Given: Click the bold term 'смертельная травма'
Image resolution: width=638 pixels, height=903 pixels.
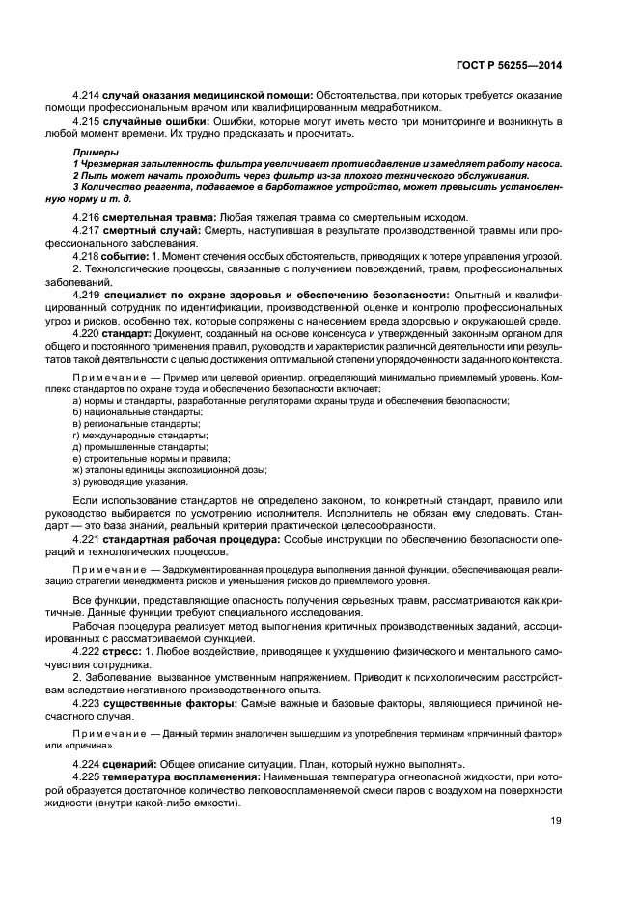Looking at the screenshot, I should tap(160, 218).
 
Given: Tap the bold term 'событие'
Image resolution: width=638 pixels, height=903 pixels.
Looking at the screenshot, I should tap(128, 256).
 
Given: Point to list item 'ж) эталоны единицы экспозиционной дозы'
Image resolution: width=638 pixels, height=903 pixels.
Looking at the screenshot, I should tap(170, 469).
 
